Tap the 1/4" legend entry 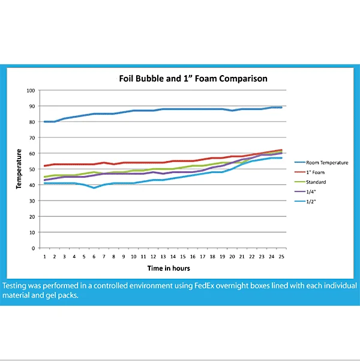(x=310, y=191)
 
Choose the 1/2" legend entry (x=310, y=201)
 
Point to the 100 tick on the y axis (x=31, y=90)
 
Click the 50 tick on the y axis (x=32, y=169)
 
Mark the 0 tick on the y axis (x=34, y=247)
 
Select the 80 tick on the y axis (x=32, y=122)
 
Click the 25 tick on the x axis (x=281, y=256)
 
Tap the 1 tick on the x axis (x=44, y=256)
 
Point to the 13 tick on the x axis (x=163, y=256)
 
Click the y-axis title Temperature (x=20, y=169)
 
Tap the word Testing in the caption (x=18, y=286)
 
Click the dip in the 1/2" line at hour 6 (x=94, y=188)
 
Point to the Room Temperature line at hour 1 (x=44, y=122)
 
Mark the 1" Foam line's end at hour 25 (x=281, y=150)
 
